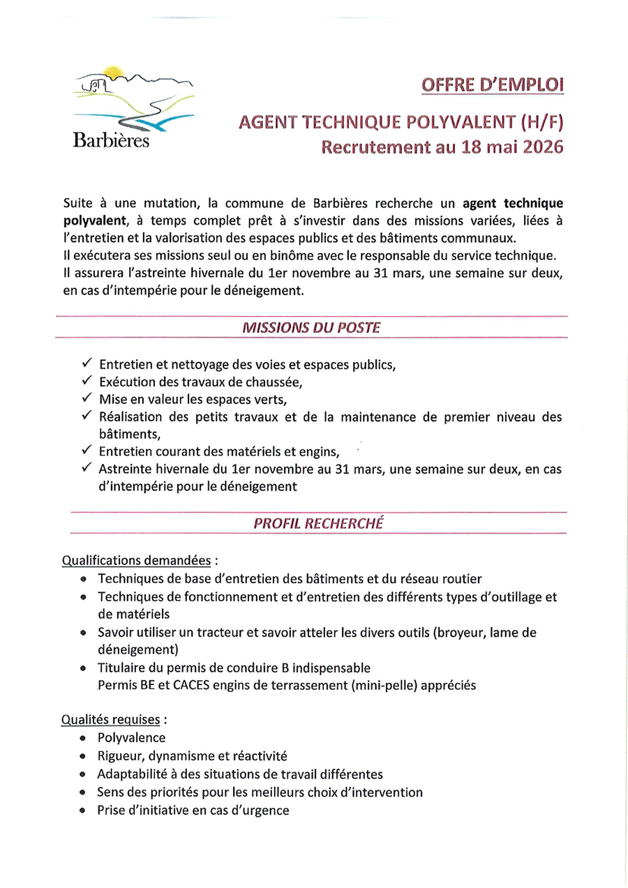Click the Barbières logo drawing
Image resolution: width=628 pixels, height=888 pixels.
tap(133, 98)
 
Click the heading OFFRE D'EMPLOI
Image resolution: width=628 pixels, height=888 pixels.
tap(491, 85)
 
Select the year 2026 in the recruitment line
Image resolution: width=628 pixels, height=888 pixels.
tap(537, 147)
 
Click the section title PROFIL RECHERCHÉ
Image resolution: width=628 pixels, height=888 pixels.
tap(318, 523)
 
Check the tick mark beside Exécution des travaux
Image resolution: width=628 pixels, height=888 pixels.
tap(87, 382)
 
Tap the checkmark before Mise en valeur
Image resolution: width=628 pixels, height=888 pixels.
tap(87, 399)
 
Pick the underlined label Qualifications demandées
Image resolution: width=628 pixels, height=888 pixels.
tap(137, 560)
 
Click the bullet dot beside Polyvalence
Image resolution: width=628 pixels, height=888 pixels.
tap(83, 738)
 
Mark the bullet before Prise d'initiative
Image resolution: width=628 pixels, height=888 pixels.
tap(83, 811)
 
